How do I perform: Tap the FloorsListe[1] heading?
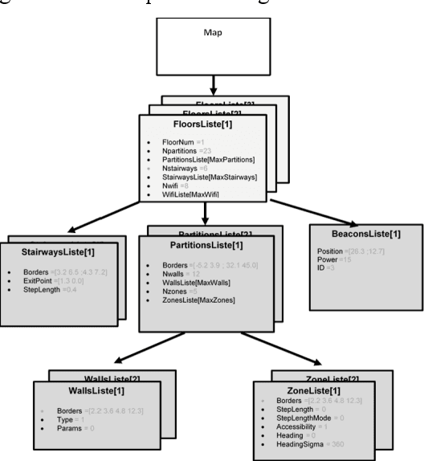[x=206, y=127]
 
